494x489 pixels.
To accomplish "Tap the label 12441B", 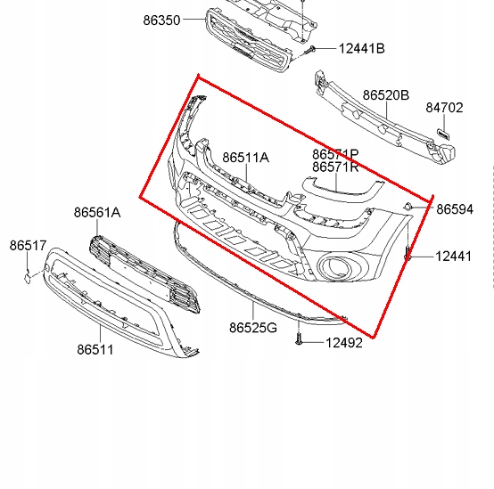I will (361, 48).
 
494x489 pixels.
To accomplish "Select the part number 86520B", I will (385, 95).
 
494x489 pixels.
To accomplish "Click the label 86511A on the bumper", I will (245, 158).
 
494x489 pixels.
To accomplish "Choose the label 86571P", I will (335, 154).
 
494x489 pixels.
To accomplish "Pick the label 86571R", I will (335, 167).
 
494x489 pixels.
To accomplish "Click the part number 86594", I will (454, 209).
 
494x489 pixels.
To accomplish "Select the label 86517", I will (29, 244).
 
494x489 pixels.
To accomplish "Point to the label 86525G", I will (253, 329).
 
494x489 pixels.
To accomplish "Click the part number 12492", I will (343, 342).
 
